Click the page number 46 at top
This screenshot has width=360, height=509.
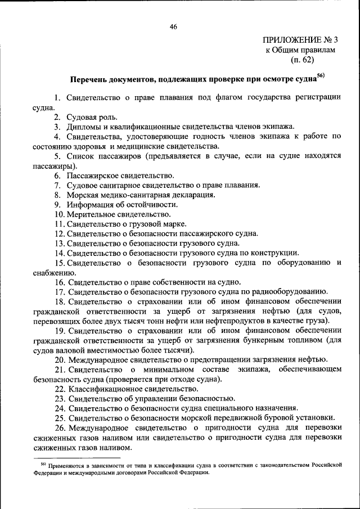click(173, 26)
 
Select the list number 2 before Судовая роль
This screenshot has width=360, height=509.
click(57, 117)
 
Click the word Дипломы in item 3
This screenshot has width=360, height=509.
click(85, 127)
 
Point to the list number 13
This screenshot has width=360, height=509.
click(59, 244)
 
